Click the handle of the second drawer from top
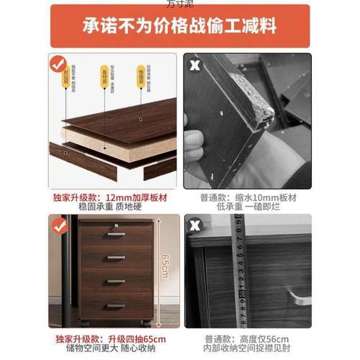click(116, 257)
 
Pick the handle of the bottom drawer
click(116, 306)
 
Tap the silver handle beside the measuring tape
click(299, 295)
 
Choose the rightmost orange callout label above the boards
click(140, 71)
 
